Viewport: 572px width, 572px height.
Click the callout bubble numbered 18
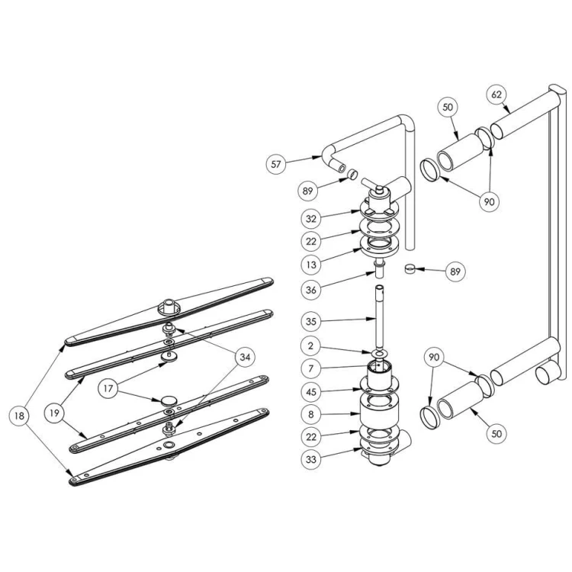(19, 416)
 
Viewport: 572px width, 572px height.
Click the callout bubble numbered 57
(277, 163)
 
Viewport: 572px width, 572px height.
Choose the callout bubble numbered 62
(496, 95)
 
